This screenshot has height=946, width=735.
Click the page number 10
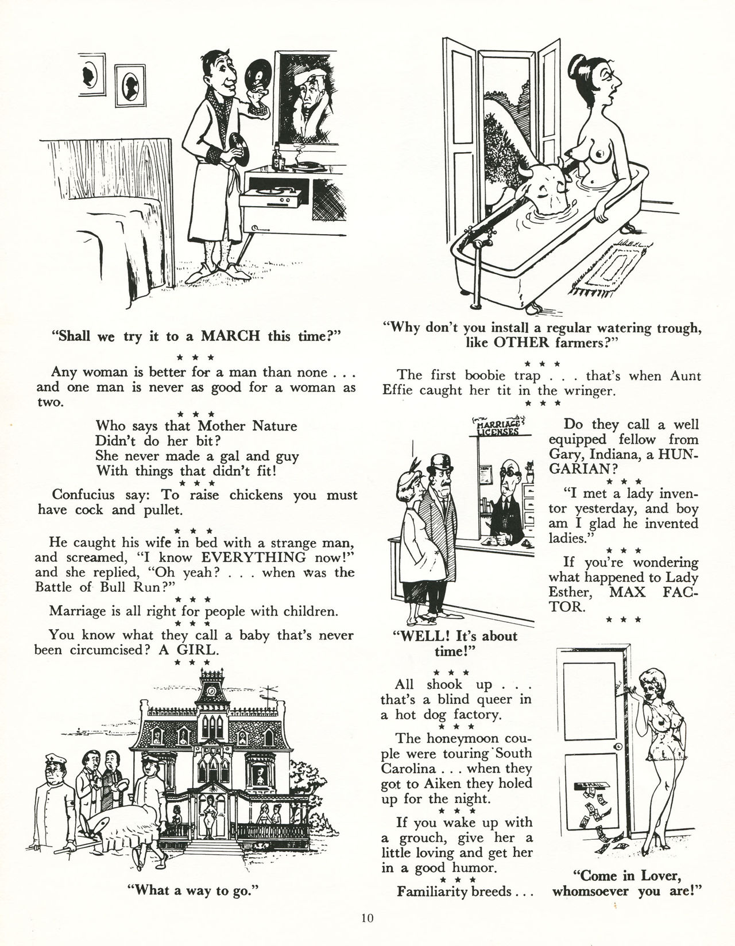367,918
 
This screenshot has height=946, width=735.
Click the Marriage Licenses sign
499,427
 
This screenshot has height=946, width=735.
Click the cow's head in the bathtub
545,185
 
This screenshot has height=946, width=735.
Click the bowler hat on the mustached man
440,463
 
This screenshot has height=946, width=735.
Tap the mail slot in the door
592,786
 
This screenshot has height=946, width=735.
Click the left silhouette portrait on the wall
92,75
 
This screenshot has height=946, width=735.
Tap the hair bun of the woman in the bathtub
578,64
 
